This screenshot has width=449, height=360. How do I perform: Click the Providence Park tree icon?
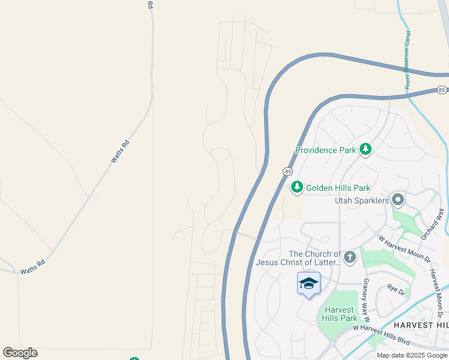366,149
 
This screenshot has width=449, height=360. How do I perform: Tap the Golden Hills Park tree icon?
297,188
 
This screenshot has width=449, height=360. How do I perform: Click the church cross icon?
349,258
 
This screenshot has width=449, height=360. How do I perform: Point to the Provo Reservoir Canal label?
408,60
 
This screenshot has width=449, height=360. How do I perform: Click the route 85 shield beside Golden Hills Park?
288,172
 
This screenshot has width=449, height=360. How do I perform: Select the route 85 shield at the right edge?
442,90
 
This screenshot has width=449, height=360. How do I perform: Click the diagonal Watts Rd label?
120,151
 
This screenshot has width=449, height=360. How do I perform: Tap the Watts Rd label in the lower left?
32,266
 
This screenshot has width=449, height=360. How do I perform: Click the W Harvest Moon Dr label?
404,248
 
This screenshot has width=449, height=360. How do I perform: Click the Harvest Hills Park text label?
340,314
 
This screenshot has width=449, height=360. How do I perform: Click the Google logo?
20,353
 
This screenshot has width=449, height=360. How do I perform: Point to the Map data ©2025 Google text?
412,355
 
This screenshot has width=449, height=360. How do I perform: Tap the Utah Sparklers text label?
362,199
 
